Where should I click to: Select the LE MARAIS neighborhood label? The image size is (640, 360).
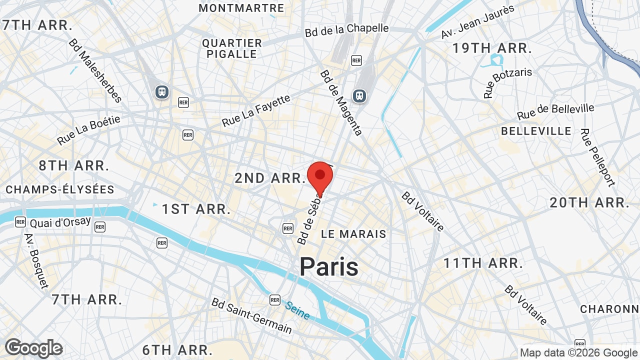353,233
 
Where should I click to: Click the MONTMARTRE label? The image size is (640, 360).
241,8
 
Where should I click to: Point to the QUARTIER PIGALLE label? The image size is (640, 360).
232,48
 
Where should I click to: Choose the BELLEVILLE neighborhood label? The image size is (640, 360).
536,131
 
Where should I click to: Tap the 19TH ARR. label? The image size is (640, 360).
491,48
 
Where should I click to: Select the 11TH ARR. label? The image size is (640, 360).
483,263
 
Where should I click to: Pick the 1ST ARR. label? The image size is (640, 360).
196,209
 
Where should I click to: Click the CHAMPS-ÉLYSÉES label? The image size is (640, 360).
60,189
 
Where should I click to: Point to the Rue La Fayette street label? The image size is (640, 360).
256,110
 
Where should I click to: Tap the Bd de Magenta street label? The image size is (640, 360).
341,102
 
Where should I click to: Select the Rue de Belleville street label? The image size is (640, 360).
555,111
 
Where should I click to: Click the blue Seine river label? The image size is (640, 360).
297,309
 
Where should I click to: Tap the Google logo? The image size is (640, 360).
33,348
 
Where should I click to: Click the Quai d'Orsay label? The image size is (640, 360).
60,222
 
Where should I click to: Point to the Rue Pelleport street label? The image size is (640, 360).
597,157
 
